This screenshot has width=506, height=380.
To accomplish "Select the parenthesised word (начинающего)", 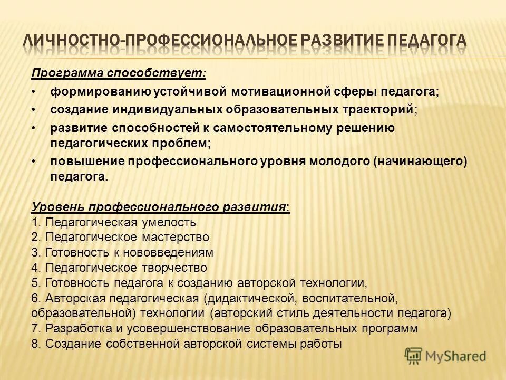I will pyautogui.click(x=420, y=161).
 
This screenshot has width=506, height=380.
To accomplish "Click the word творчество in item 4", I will pyautogui.click(x=178, y=268).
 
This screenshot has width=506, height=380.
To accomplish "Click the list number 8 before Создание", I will pyautogui.click(x=35, y=344).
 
